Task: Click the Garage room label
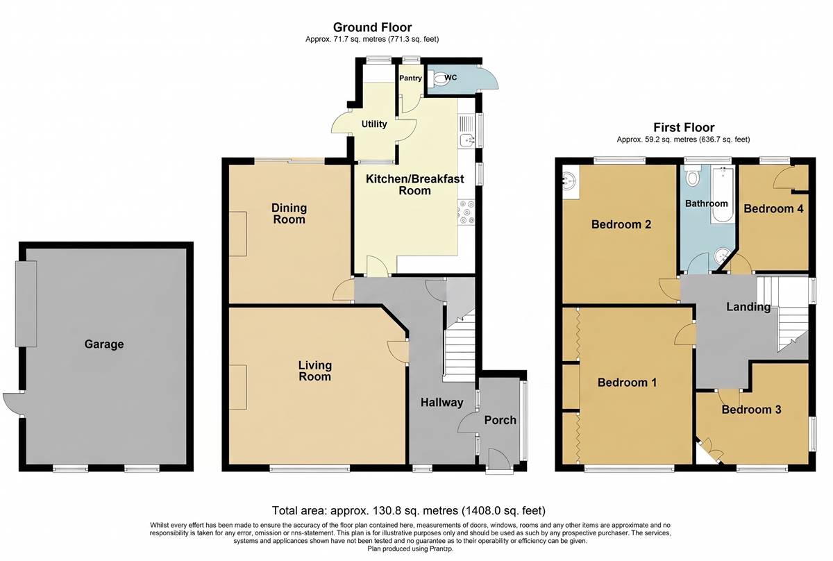pyautogui.click(x=104, y=344)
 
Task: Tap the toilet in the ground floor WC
pyautogui.click(x=436, y=78)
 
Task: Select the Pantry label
pyautogui.click(x=410, y=78)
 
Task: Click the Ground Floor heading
pyautogui.click(x=372, y=27)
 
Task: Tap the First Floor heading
pyautogui.click(x=684, y=128)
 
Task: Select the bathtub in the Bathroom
pyautogui.click(x=723, y=195)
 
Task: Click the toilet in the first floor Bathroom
pyautogui.click(x=692, y=176)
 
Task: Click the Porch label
pyautogui.click(x=500, y=420)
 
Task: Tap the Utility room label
pyautogui.click(x=374, y=124)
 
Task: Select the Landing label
pyautogui.click(x=748, y=307)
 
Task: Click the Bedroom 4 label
pyautogui.click(x=773, y=208)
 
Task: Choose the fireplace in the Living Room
pyautogui.click(x=237, y=387)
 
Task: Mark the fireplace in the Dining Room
pyautogui.click(x=237, y=234)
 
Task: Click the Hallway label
pyautogui.click(x=441, y=402)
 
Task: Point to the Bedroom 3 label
pyautogui.click(x=751, y=410)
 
